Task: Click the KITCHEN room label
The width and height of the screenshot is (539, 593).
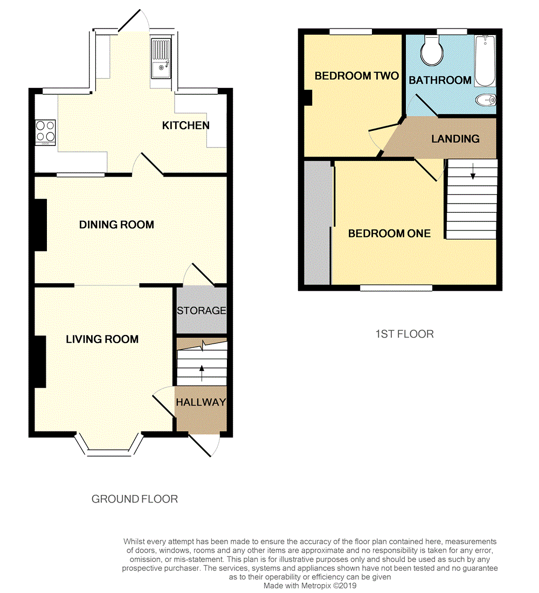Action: (x=186, y=125)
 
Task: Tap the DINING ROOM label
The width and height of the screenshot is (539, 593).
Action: (x=116, y=225)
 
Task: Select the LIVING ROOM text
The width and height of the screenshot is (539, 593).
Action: (x=102, y=339)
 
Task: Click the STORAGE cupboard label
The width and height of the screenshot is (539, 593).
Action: (x=201, y=311)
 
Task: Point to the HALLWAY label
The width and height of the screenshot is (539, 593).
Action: (x=201, y=402)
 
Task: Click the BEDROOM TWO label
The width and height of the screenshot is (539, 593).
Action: (x=356, y=76)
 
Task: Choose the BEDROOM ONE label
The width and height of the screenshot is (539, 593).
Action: (x=389, y=233)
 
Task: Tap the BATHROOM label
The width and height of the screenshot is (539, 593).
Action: (x=440, y=80)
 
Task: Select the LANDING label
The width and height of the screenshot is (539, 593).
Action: (x=455, y=139)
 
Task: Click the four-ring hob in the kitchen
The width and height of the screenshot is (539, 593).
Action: (x=45, y=131)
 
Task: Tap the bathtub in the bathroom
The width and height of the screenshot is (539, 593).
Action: (x=485, y=60)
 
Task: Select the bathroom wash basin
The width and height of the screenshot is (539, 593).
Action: (x=486, y=100)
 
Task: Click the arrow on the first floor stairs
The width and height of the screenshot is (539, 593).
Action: (x=473, y=172)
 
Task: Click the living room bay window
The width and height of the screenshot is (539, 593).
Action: (x=109, y=445)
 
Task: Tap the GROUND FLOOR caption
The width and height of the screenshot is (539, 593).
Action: (x=134, y=499)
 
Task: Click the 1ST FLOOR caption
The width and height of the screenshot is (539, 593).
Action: (x=404, y=334)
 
